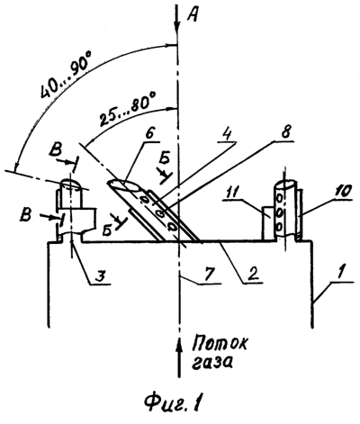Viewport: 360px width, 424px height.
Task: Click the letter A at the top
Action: tap(192, 14)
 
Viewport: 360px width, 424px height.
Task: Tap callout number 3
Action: tap(100, 275)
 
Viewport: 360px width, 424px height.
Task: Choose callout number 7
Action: tap(211, 274)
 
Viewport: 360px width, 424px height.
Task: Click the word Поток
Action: tap(220, 344)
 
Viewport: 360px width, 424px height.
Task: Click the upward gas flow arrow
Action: tap(179, 357)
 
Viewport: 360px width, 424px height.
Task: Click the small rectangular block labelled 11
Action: tap(269, 223)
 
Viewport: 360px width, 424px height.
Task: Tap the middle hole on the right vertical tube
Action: tap(280, 213)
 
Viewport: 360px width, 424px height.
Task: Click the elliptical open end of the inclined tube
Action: tap(123, 184)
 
